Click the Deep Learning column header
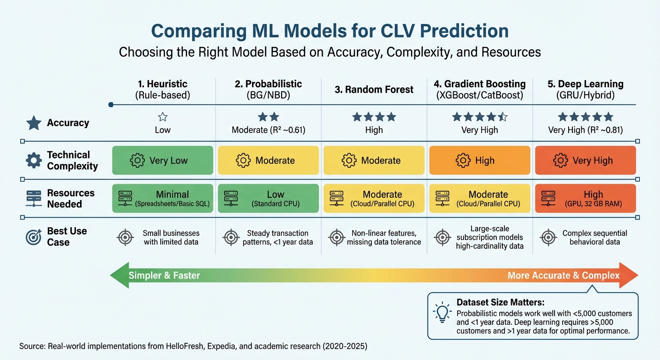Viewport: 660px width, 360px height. click(x=585, y=89)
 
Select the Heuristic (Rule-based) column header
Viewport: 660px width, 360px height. click(x=162, y=89)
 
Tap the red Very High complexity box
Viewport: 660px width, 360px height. click(x=585, y=160)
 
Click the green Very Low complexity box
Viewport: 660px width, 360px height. click(x=162, y=160)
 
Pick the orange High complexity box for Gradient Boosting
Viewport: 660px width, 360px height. click(x=480, y=160)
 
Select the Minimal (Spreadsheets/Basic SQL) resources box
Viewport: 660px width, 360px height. click(x=162, y=198)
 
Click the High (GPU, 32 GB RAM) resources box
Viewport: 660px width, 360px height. click(x=585, y=198)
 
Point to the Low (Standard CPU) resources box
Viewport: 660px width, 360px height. click(x=268, y=198)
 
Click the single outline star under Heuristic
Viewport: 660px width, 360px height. click(x=163, y=117)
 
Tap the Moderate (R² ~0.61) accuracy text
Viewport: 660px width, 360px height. click(x=268, y=130)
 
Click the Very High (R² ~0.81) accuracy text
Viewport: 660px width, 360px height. click(x=585, y=130)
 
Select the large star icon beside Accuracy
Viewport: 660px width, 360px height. click(x=34, y=123)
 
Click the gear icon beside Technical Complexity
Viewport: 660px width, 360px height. click(x=34, y=160)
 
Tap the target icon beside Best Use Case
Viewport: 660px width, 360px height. click(x=34, y=237)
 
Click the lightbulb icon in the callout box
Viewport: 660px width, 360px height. click(x=442, y=313)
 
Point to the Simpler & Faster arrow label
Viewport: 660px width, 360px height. click(x=164, y=276)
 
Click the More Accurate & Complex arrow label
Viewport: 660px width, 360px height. click(x=563, y=276)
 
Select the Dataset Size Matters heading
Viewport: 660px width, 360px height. click(x=500, y=303)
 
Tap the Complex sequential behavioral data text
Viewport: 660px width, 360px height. click(x=594, y=237)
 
